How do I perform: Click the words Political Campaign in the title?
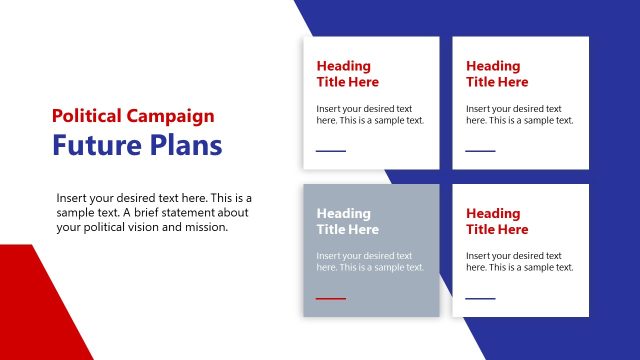(133, 116)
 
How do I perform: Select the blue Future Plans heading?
(137, 146)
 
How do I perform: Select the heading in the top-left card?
(348, 74)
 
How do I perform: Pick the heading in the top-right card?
(497, 74)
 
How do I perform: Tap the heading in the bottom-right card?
(497, 221)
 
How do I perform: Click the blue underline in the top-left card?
(331, 151)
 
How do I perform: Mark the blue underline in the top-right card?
(480, 151)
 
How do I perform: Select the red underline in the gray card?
(331, 298)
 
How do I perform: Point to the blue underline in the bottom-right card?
(480, 298)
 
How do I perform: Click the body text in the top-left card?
(370, 114)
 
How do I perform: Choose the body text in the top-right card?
(519, 114)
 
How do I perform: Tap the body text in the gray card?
(370, 261)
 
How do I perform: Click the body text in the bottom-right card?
(519, 261)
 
